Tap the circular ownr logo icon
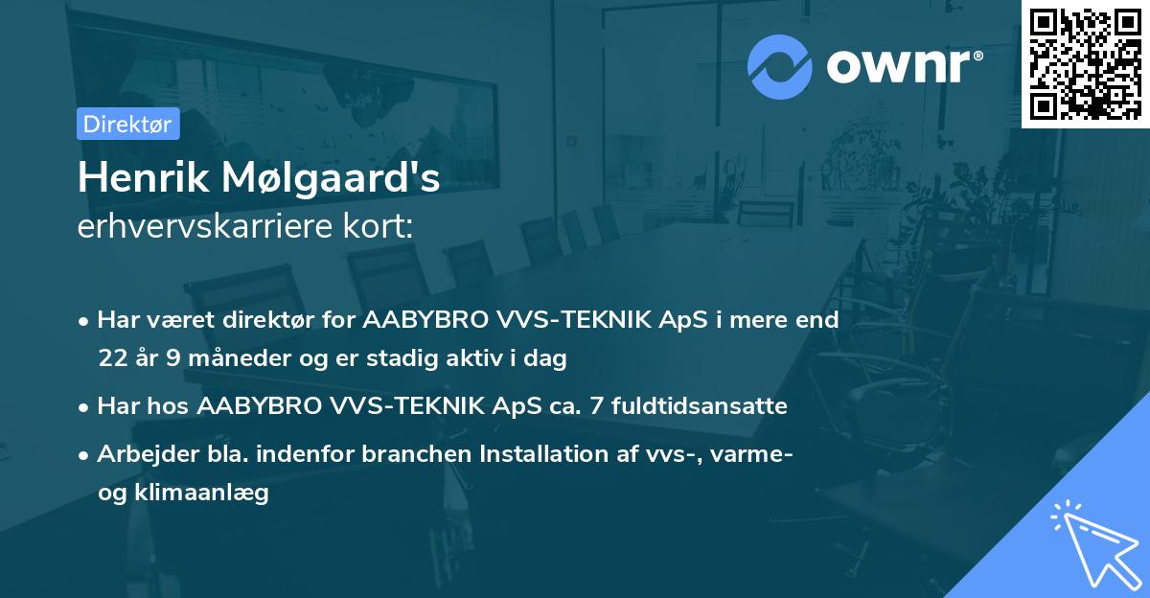780,67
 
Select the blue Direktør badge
127,124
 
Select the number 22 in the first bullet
111,359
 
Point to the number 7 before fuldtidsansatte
597,406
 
